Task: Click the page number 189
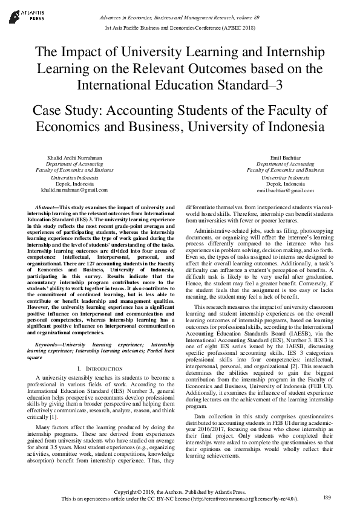[327, 497]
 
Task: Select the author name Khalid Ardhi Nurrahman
[74, 157]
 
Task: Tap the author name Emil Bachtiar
[285, 157]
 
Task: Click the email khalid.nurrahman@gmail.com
[74, 190]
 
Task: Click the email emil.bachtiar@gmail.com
[285, 190]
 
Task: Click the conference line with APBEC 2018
[180, 28]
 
